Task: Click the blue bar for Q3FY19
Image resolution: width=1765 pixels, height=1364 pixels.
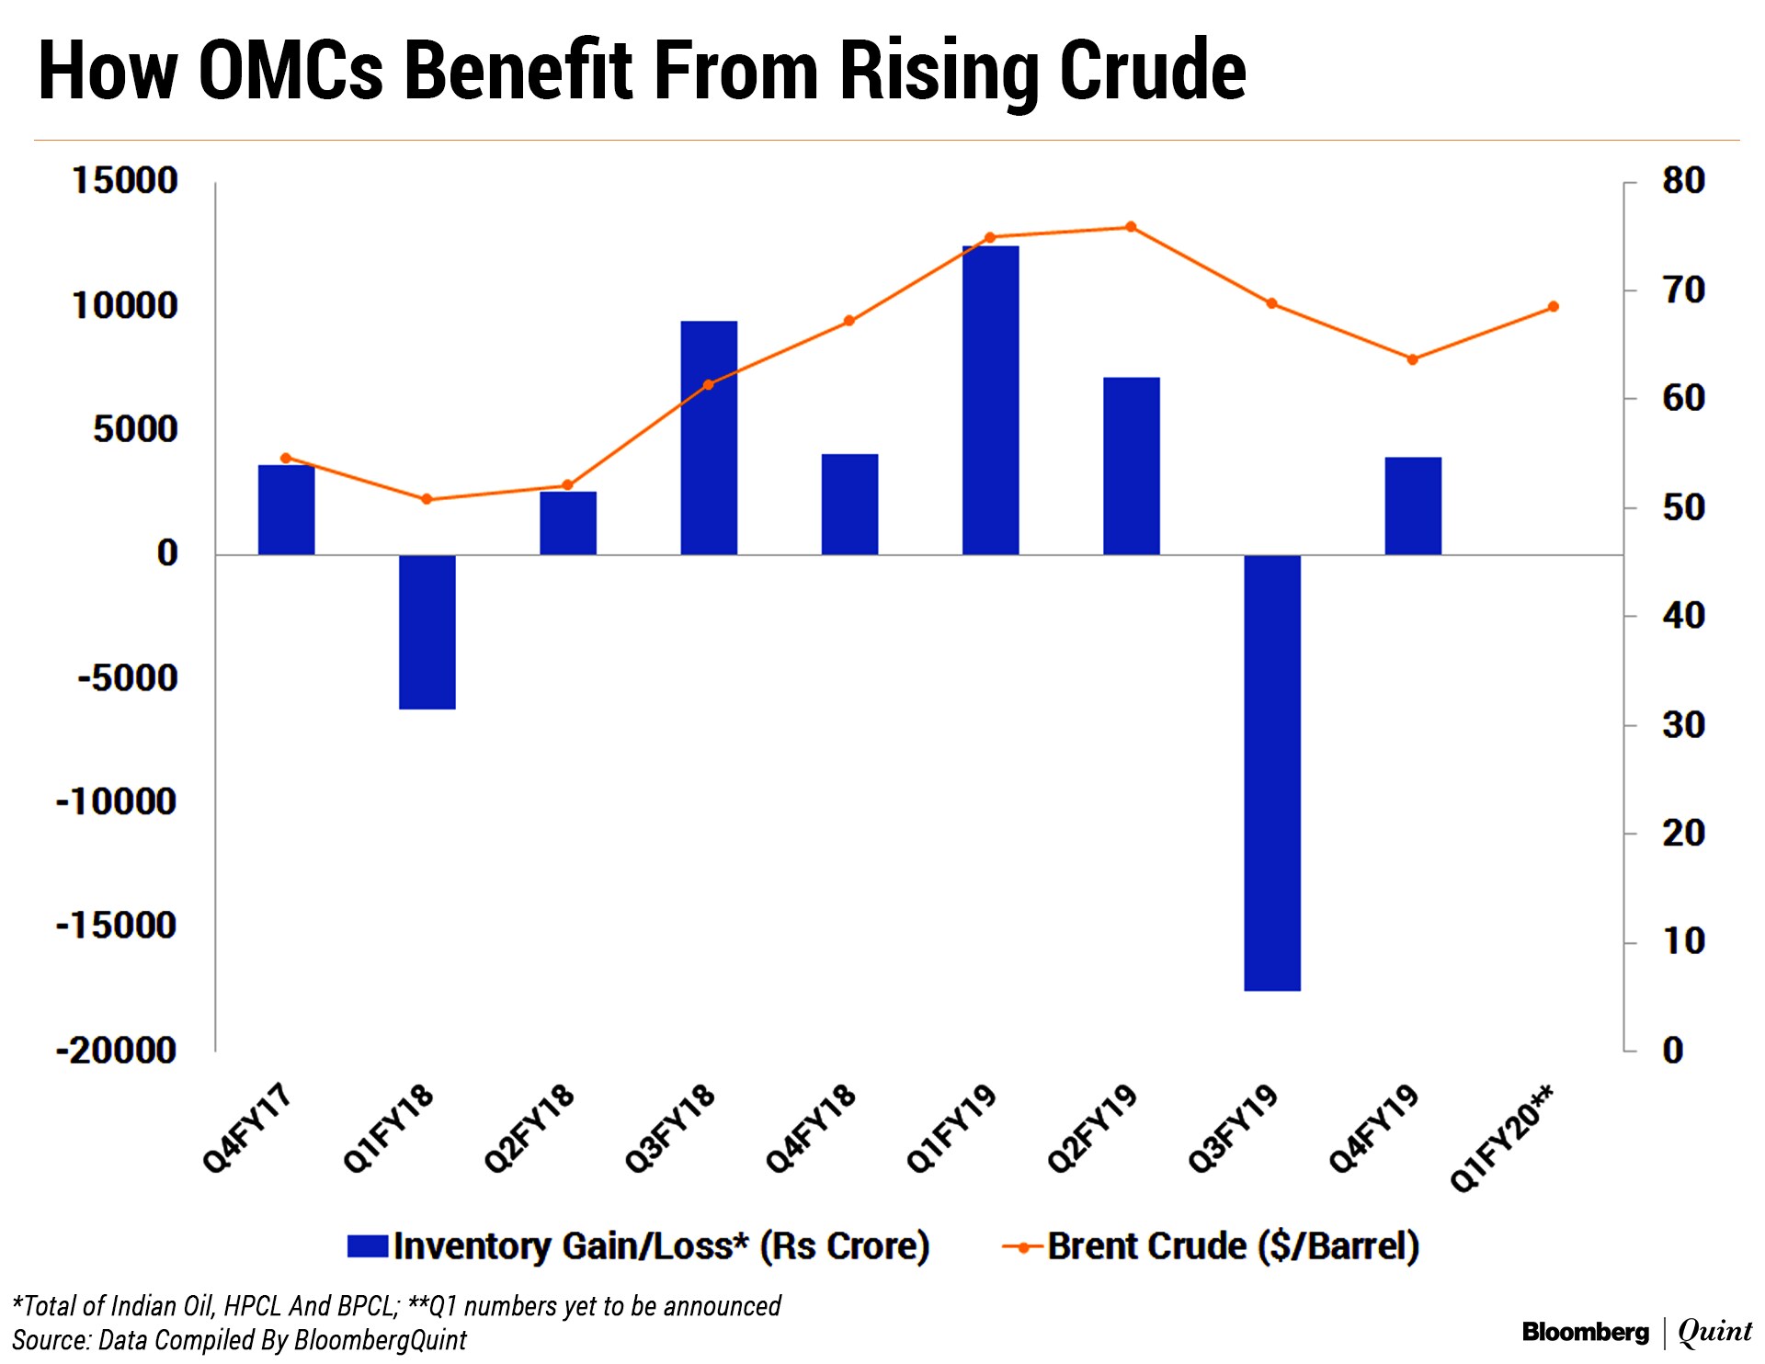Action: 1272,772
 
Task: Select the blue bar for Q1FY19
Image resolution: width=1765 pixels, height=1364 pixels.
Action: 990,400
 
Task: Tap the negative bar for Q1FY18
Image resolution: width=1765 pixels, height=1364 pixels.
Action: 427,631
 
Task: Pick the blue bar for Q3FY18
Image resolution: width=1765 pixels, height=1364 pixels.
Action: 709,438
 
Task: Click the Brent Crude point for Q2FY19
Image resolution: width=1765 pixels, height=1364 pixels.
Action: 1131,227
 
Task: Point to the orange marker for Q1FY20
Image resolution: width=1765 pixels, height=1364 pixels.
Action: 1554,306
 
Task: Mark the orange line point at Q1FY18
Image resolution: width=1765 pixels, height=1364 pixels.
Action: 427,499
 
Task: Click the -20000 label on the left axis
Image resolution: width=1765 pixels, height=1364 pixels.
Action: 117,1050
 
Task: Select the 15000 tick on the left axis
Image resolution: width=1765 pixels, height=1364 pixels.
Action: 125,180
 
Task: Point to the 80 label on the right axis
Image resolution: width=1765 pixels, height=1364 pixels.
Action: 1683,180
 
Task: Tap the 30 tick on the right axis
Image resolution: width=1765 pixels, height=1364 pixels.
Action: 1683,725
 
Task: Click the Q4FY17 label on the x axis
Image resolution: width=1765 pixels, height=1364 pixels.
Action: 246,1129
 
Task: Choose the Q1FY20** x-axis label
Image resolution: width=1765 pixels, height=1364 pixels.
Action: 1502,1139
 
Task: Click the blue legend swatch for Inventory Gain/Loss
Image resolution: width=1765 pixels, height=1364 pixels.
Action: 368,1246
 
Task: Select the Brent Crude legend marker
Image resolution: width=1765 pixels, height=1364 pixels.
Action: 1023,1247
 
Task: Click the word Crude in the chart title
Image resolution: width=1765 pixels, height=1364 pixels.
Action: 1153,71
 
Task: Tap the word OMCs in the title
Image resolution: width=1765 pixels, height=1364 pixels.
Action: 290,71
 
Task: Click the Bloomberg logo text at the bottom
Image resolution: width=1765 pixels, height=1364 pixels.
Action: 1585,1332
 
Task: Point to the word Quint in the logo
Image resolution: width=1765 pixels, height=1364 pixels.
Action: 1714,1332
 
